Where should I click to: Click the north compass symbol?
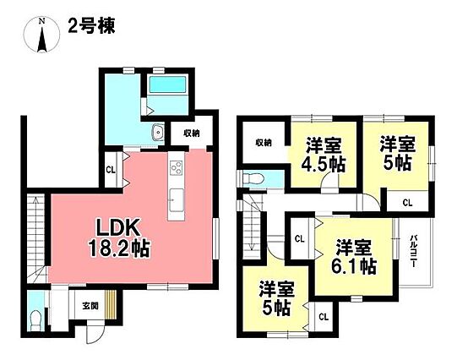point(42,35)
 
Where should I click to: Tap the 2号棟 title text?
point(91,26)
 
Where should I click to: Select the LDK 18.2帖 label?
point(118,238)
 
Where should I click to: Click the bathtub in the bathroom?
point(167,85)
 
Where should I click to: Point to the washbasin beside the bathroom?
point(158,134)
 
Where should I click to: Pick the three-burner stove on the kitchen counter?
point(176,167)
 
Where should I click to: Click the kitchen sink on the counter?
point(176,199)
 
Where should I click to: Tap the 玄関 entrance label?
point(90,306)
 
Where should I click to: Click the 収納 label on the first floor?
point(192,134)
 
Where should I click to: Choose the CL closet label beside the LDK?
point(111,170)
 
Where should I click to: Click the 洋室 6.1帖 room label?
point(354,256)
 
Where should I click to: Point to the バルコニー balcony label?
point(413,251)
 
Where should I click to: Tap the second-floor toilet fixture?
point(254,177)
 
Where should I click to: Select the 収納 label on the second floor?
point(264,143)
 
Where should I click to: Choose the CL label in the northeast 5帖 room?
point(407,203)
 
